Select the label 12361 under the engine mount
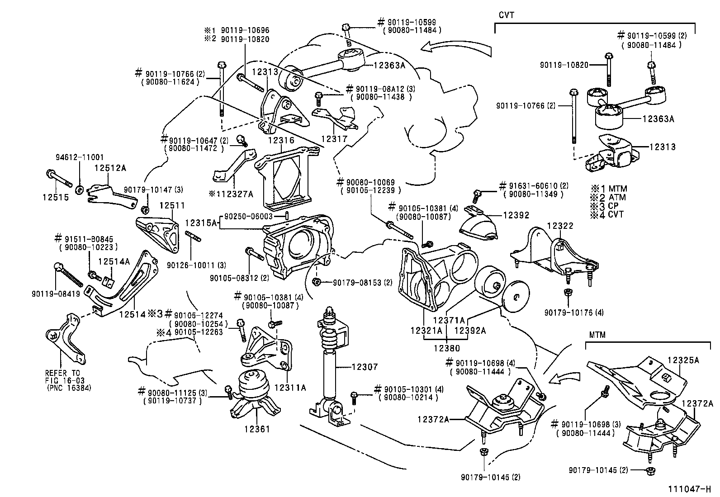tap(257, 429)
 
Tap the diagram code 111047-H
tap(689, 489)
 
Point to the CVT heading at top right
tap(506, 15)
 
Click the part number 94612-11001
tap(80, 157)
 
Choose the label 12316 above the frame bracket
tap(281, 140)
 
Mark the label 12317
tap(334, 139)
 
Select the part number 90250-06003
tap(248, 216)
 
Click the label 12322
tap(560, 226)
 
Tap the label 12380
tap(447, 348)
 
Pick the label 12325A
tap(683, 360)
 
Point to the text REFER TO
tap(62, 373)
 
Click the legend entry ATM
tap(617, 197)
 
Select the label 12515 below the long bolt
tap(56, 197)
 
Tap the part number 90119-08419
tap(56, 294)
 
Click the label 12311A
tap(290, 388)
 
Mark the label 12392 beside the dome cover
tap(516, 215)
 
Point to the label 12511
tap(172, 205)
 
